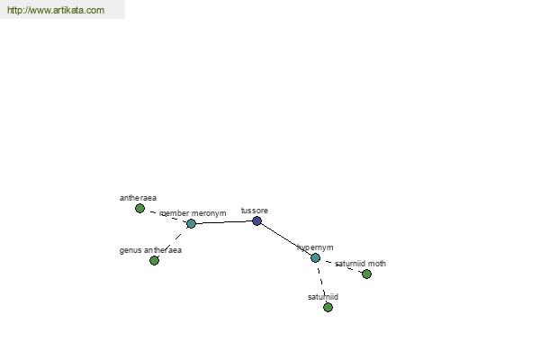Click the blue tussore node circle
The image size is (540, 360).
(256, 220)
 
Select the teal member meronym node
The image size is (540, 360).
(191, 223)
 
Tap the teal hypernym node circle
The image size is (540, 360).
(316, 257)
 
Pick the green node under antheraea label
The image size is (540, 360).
(139, 209)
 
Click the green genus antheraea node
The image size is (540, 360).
(154, 260)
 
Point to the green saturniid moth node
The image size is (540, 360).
(367, 274)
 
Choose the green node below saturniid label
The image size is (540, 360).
(328, 307)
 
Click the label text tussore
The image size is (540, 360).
(255, 211)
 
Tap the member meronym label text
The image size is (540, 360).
(193, 213)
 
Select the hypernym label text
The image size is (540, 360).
(316, 247)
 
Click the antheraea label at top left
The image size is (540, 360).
(138, 198)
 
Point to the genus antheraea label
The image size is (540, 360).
(150, 250)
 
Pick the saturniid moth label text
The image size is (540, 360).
(360, 264)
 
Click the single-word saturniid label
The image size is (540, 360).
(323, 297)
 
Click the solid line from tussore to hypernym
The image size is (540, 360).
(286, 239)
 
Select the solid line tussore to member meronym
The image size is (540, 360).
(224, 222)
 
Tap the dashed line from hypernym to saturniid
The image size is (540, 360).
(321, 283)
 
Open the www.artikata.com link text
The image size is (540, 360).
(56, 10)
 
